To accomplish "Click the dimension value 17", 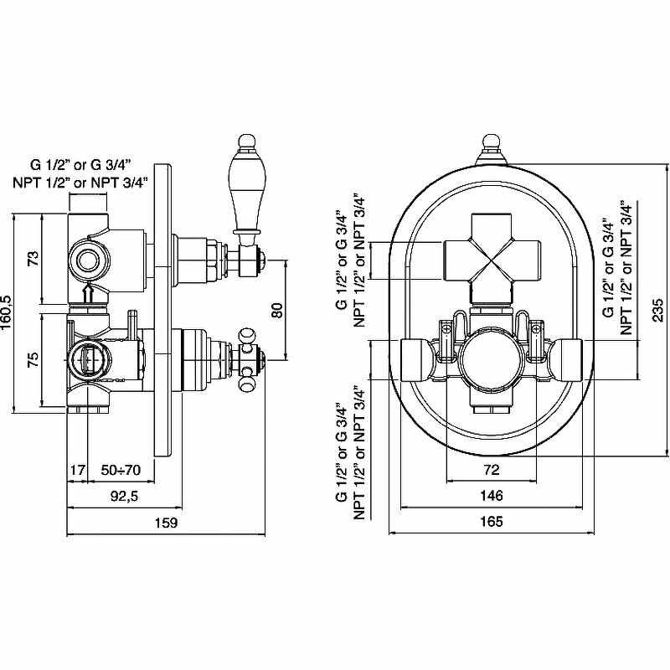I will tap(77, 471).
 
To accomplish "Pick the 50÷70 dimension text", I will tap(120, 471).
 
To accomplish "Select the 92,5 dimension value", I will tap(123, 496).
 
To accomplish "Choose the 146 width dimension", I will tap(491, 496).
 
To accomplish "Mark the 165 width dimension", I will tap(491, 523).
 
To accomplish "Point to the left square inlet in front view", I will tap(414, 358).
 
